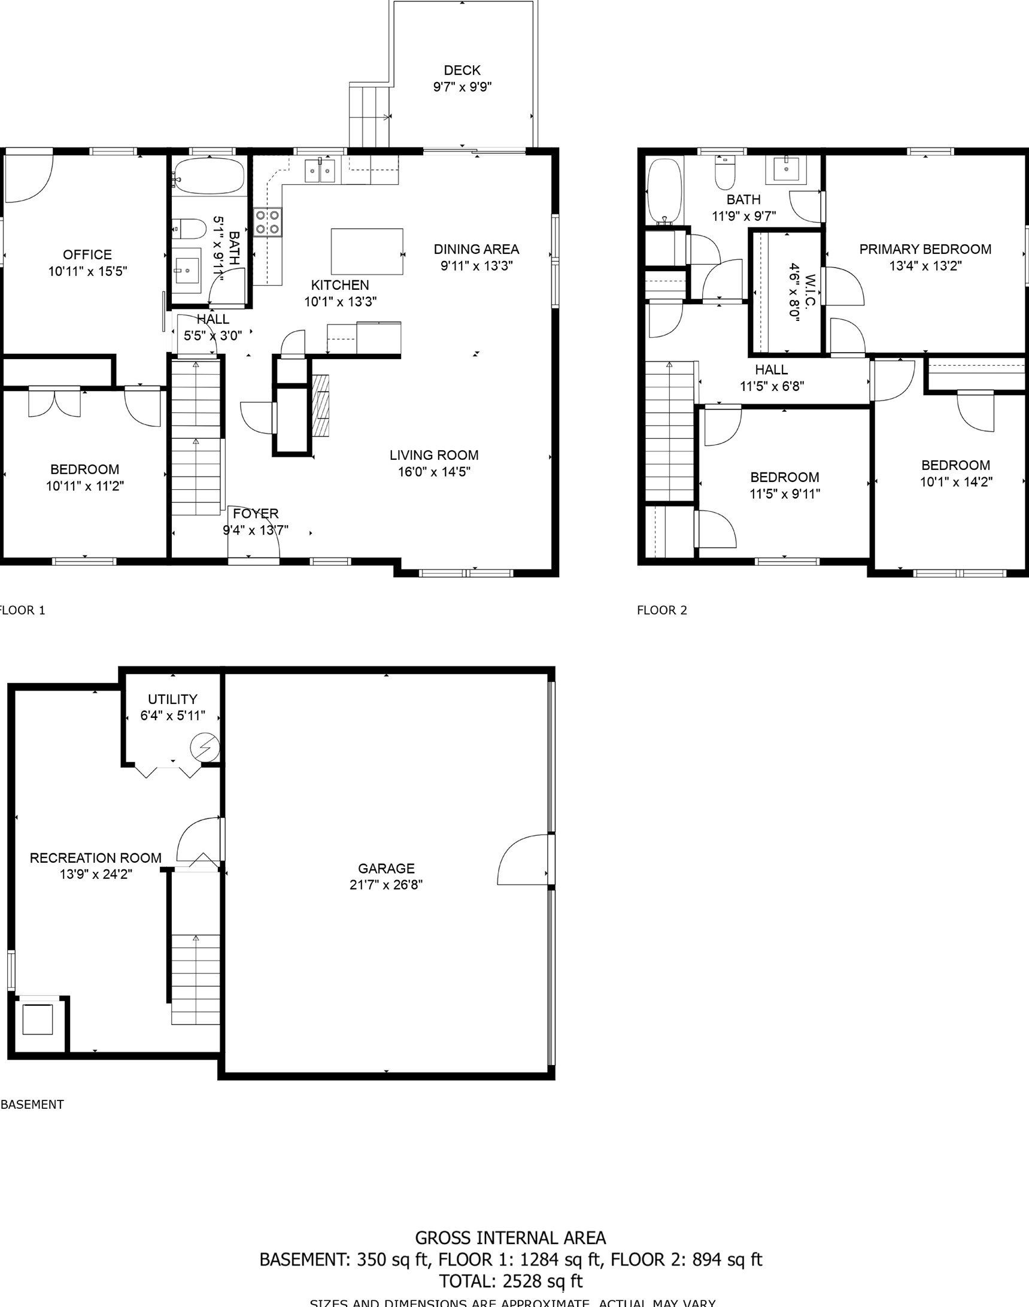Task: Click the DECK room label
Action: (462, 71)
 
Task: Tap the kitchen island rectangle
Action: (366, 251)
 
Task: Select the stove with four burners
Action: (267, 221)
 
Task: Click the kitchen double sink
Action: (319, 171)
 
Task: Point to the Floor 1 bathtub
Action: (209, 176)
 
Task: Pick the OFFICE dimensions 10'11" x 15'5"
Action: (87, 271)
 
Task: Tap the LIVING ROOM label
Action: (434, 456)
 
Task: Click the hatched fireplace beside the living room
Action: (321, 405)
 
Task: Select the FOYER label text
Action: (256, 513)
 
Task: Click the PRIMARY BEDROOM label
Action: (925, 249)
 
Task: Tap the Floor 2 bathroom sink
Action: (785, 169)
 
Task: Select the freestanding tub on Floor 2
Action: (664, 191)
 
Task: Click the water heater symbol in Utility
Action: (204, 747)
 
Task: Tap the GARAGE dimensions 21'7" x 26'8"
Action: (386, 884)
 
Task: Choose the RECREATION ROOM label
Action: (95, 857)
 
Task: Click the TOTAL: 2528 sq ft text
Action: (510, 1281)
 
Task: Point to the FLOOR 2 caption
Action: (661, 611)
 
